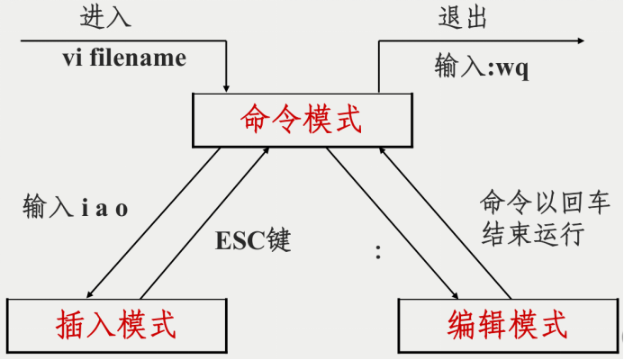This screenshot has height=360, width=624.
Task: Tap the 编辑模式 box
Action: tap(507, 324)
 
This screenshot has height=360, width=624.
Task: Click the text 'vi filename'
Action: tap(124, 58)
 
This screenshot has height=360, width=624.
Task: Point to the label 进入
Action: tap(104, 18)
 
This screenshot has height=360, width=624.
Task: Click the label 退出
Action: tap(463, 18)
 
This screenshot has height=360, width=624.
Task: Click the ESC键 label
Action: tap(255, 241)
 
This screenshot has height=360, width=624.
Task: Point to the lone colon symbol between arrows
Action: tap(378, 253)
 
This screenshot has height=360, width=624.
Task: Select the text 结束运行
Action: tap(533, 234)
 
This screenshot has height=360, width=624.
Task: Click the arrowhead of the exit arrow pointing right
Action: tap(578, 40)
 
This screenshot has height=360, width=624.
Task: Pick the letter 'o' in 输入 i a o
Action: tap(122, 210)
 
